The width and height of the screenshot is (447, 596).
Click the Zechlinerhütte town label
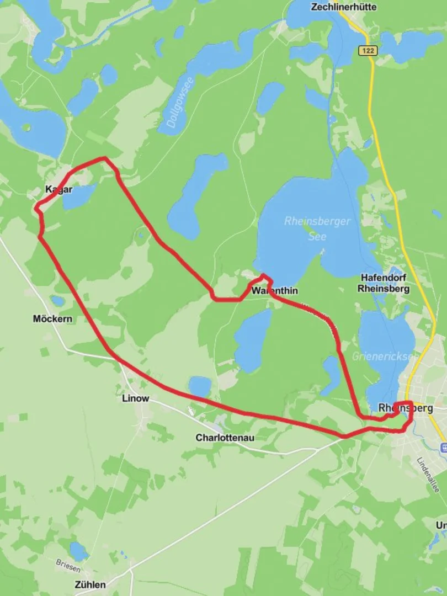(x=344, y=7)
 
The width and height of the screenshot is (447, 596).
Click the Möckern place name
(x=52, y=319)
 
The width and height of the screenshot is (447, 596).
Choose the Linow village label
(x=135, y=398)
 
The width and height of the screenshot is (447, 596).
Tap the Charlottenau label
(x=225, y=438)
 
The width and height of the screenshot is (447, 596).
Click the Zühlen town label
(x=90, y=584)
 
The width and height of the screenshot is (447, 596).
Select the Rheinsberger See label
(x=317, y=228)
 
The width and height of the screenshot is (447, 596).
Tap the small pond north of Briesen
(x=78, y=550)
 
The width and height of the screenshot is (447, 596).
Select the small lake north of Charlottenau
(x=200, y=386)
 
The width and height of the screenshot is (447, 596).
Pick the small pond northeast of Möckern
(x=57, y=301)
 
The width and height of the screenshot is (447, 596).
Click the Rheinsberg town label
(x=406, y=408)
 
